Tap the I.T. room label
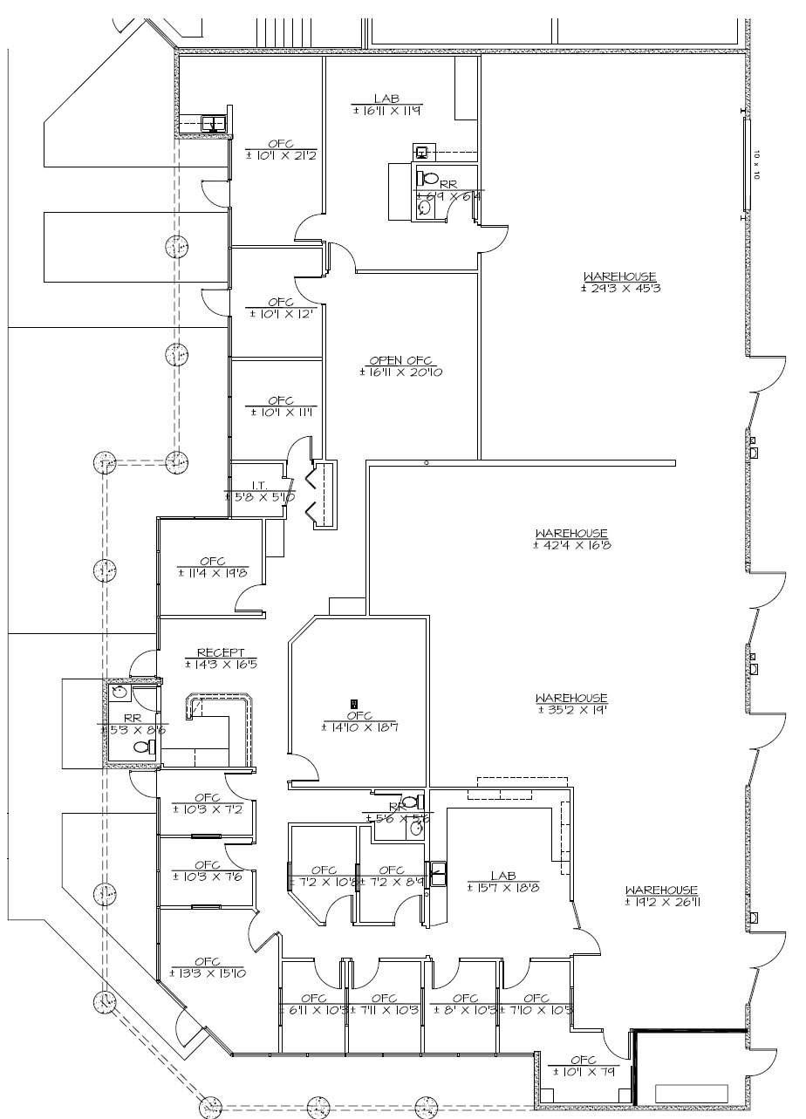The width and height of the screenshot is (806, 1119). (258, 484)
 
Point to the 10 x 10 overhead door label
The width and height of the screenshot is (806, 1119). (757, 164)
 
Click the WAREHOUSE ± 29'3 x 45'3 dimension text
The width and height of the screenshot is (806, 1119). (621, 288)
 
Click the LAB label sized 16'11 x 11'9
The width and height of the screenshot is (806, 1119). (386, 99)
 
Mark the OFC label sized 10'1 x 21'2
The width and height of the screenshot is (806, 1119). (281, 144)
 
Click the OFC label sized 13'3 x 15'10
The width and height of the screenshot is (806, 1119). (208, 961)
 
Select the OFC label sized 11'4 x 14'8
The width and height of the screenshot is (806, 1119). (213, 561)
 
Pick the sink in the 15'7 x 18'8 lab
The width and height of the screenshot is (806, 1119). (437, 870)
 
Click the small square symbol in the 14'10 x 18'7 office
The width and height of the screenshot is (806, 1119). (353, 703)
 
